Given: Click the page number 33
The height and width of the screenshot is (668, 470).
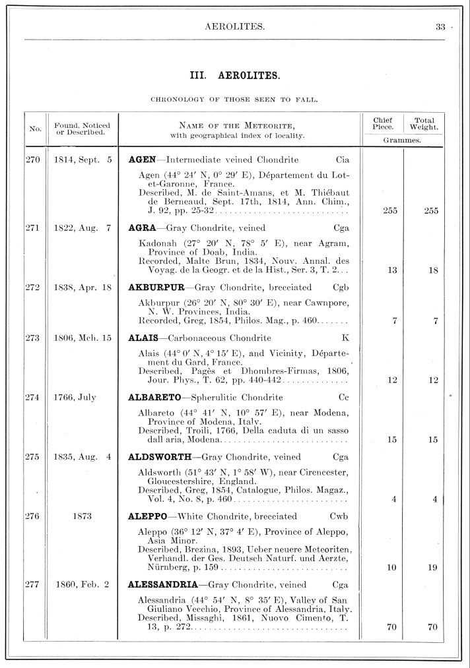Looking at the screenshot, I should (440, 27).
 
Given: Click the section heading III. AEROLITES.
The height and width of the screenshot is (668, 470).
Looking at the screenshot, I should (235, 76).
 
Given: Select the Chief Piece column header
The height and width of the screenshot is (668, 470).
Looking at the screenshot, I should (383, 123).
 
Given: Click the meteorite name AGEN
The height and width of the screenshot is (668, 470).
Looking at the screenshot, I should (141, 160).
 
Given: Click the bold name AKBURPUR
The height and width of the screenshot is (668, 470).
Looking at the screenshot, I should (155, 288).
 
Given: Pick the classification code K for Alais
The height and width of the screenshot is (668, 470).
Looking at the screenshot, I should (345, 338).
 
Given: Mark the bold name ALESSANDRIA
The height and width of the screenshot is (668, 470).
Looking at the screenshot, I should (165, 584).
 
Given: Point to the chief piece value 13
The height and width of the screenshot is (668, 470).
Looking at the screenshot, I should (391, 270).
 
